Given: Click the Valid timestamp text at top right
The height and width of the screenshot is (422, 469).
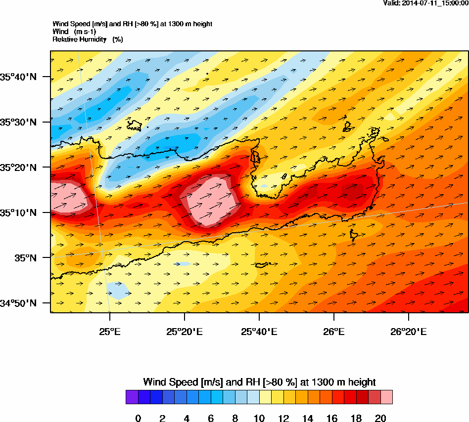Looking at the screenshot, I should click(x=426, y=3).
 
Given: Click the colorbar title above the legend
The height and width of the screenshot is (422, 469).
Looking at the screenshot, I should click(x=259, y=382).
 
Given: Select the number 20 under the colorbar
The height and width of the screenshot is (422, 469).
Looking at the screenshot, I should click(x=380, y=419).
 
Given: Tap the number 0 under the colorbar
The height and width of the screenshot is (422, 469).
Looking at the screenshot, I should click(x=138, y=419).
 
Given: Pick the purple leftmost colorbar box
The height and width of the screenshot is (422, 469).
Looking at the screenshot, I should click(x=132, y=397).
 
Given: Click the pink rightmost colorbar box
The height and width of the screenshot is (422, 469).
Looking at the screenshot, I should click(x=386, y=397).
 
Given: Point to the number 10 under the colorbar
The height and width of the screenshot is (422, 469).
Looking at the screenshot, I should click(x=259, y=419).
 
